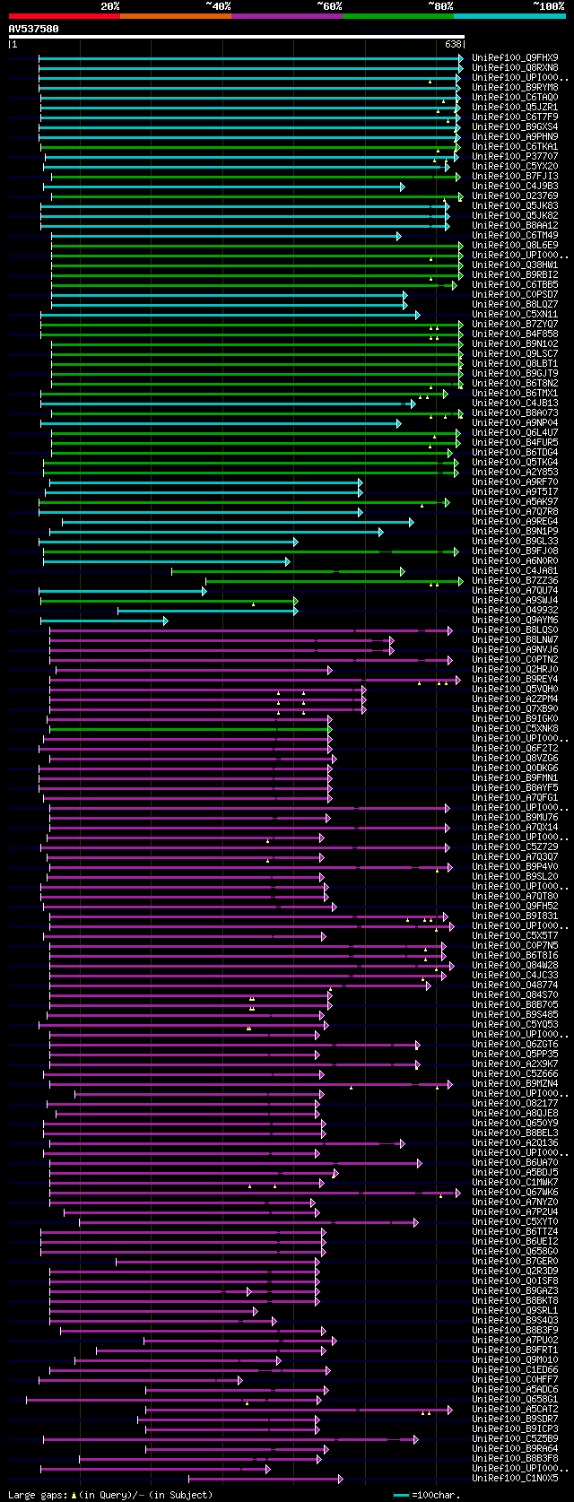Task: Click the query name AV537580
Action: click(x=34, y=29)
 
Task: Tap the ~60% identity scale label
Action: click(x=328, y=6)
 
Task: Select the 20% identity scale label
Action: click(x=109, y=6)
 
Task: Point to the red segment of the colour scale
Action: click(x=64, y=15)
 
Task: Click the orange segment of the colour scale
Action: click(x=175, y=15)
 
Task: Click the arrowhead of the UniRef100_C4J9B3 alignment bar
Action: click(x=402, y=187)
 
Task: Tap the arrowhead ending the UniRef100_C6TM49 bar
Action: click(x=398, y=236)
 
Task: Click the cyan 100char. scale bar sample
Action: click(x=401, y=1495)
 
